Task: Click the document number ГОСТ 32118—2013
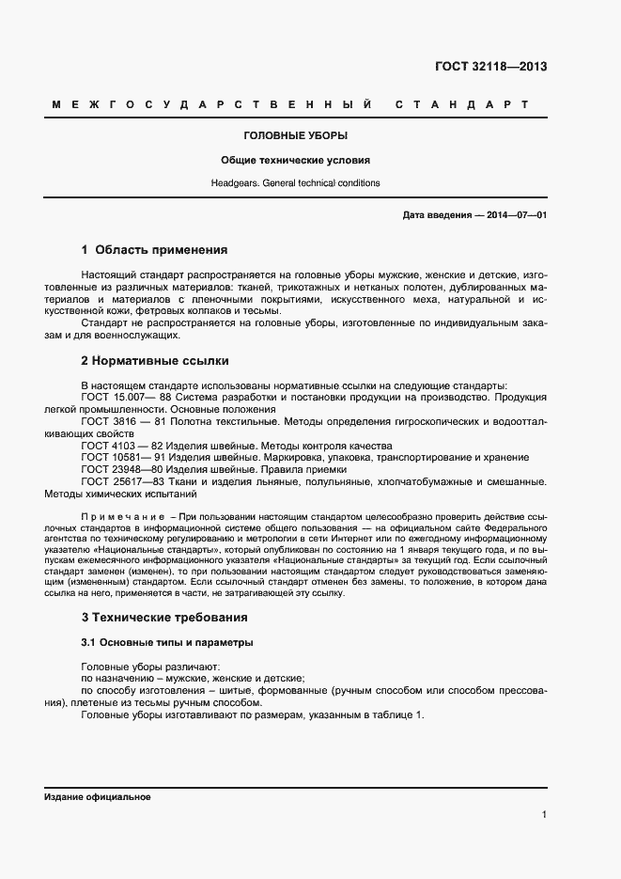coord(490,67)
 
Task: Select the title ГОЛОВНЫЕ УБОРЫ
coord(295,136)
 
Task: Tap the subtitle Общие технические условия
coord(295,160)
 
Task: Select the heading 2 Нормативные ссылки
coord(155,360)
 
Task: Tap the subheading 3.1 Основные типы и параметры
coord(167,642)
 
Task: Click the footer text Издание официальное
coord(98,796)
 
